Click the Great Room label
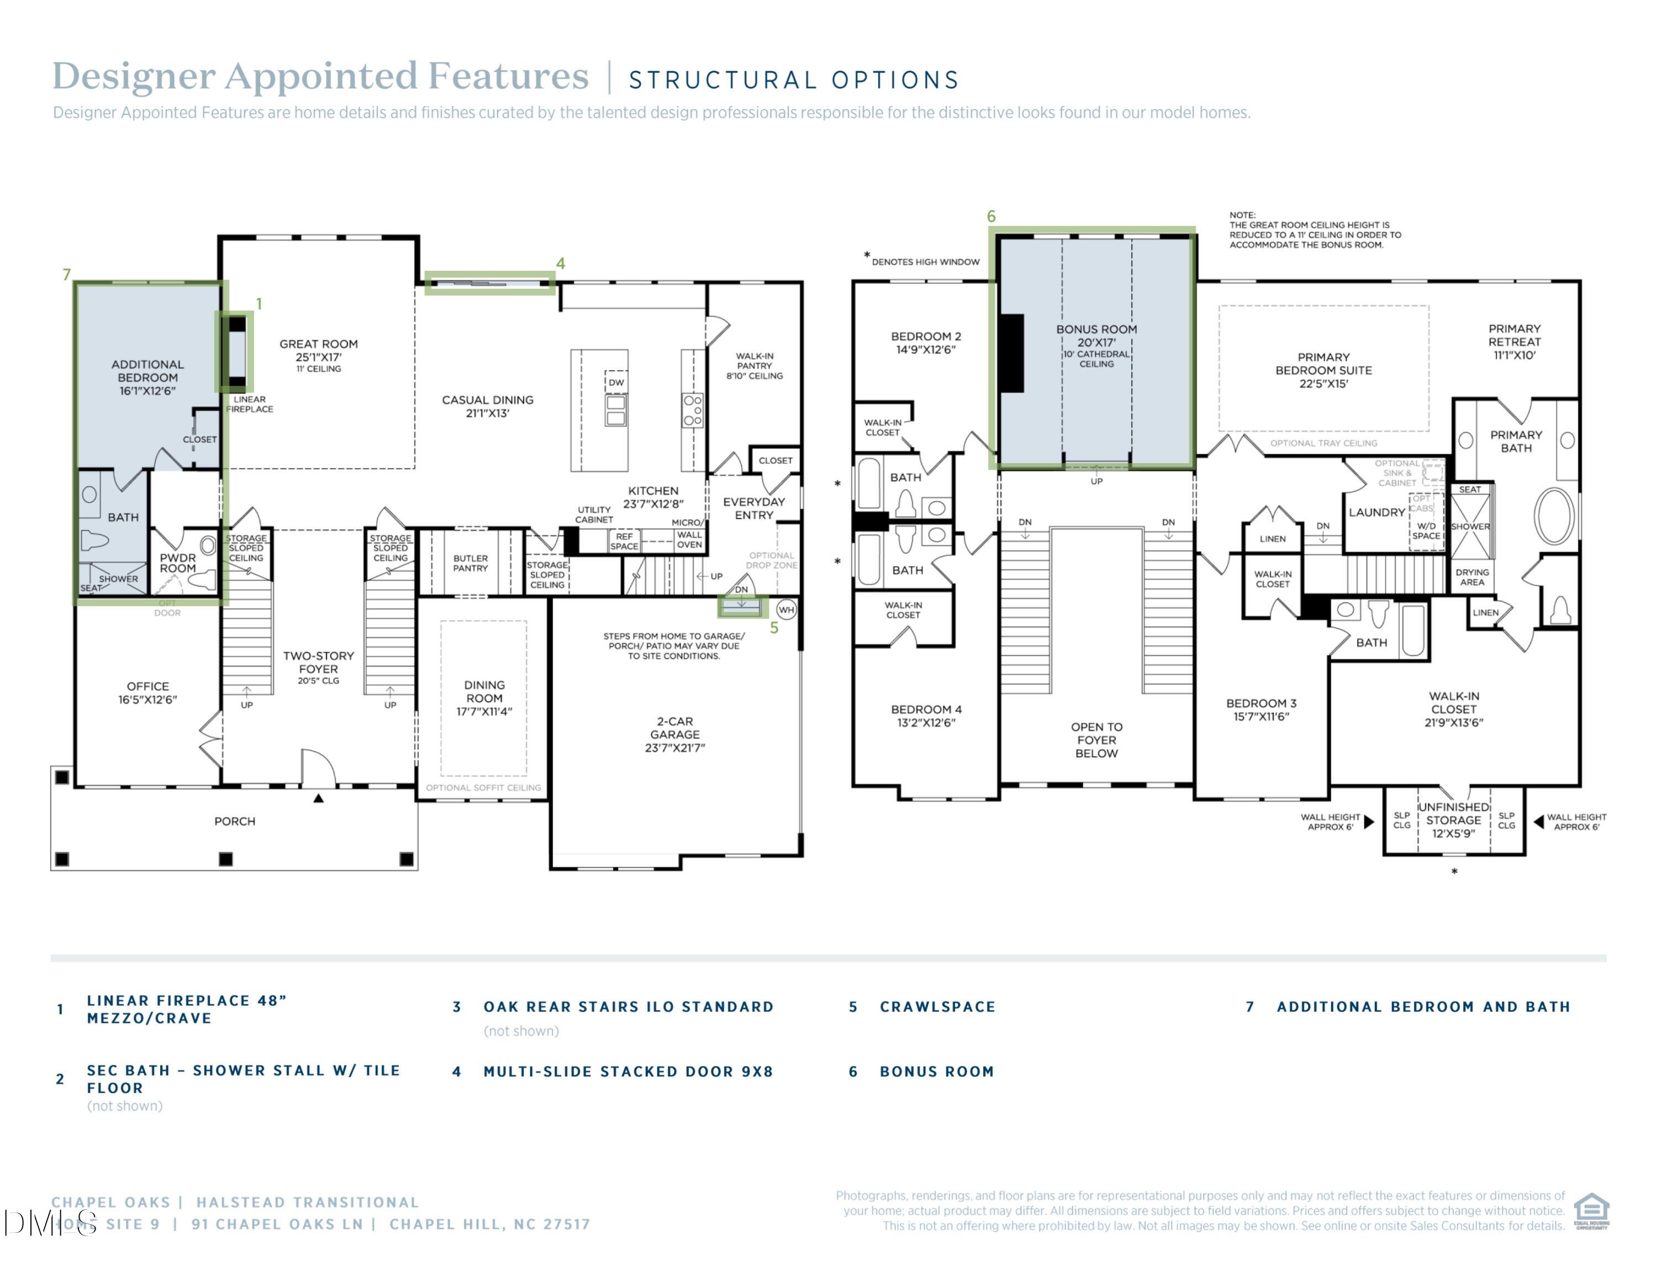[318, 344]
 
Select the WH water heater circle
[786, 610]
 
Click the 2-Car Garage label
[674, 734]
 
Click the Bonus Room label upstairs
[1096, 329]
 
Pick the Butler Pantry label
[471, 563]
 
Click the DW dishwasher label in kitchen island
[616, 382]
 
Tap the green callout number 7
[67, 274]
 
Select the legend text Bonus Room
[936, 1072]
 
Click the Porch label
[234, 821]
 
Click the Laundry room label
[1376, 512]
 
